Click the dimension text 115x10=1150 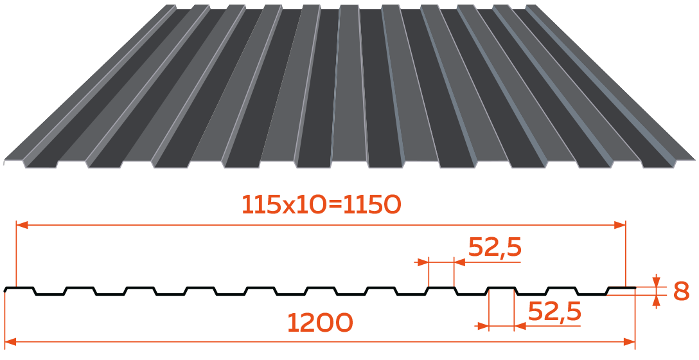point(321,205)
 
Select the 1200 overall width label point(320,323)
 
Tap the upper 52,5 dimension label point(495,247)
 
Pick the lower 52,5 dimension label point(554,311)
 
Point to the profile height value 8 point(681,292)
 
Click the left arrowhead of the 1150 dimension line point(22,225)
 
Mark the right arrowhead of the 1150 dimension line point(619,225)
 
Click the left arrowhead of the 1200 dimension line point(10,342)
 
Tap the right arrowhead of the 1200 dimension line point(629,342)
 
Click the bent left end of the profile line point(5,290)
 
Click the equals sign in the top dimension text point(335,205)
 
